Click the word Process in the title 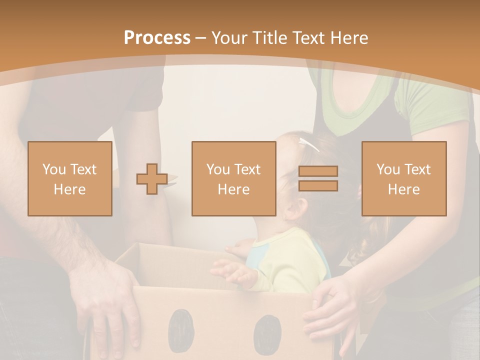click(157, 38)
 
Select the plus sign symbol click(152, 179)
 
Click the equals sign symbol click(318, 178)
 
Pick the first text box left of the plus click(70, 178)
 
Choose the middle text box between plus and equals click(233, 178)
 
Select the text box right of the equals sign click(404, 178)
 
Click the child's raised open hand click(234, 272)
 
